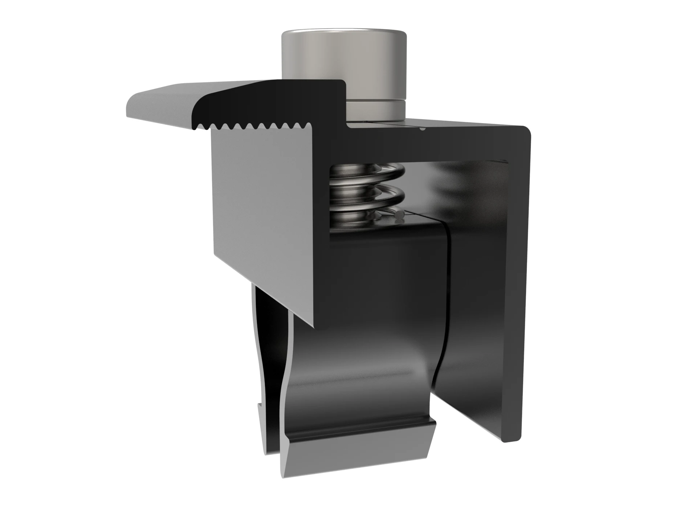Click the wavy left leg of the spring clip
pyautogui.click(x=269, y=363)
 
